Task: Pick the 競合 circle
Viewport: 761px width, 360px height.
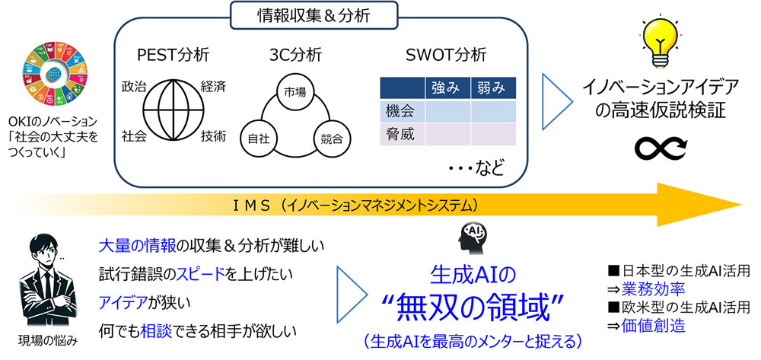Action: pyautogui.click(x=331, y=139)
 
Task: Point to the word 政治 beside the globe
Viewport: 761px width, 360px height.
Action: pyautogui.click(x=134, y=86)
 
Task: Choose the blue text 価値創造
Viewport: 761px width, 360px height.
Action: pyautogui.click(x=653, y=326)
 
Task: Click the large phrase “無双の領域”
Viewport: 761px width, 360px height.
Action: pyautogui.click(x=473, y=304)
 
